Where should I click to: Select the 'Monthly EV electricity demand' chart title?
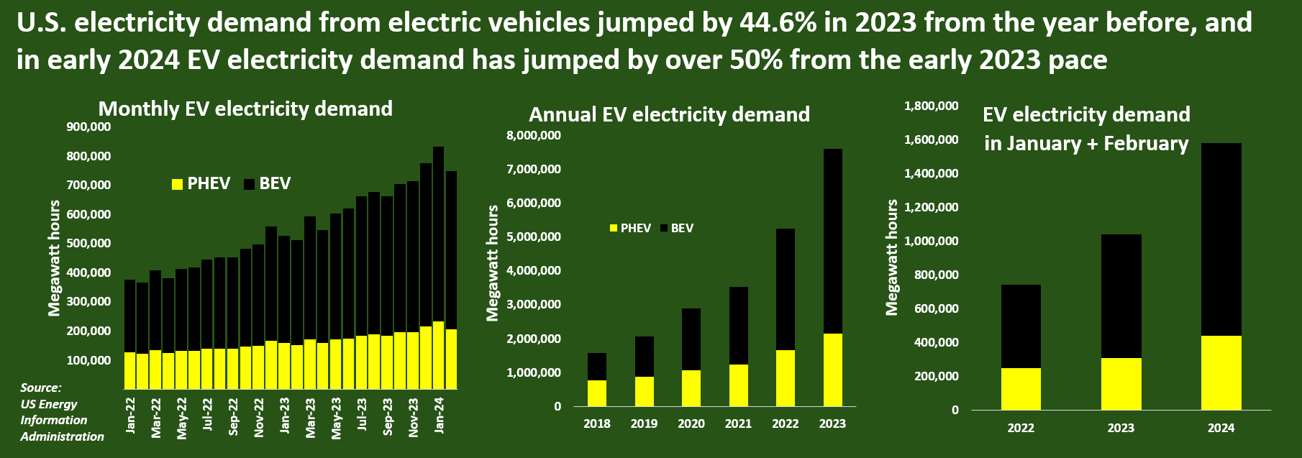tap(245, 109)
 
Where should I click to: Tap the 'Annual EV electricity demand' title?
tap(669, 114)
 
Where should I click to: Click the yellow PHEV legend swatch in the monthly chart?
tap(177, 184)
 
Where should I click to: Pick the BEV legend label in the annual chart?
tap(682, 228)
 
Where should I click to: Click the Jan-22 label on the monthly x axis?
tap(130, 416)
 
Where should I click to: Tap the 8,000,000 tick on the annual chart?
tap(534, 135)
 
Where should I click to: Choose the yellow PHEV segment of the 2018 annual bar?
tap(597, 393)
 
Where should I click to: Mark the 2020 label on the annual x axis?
tap(691, 423)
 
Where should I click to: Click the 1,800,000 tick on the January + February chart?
tap(931, 106)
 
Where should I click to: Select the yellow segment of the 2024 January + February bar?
tap(1221, 372)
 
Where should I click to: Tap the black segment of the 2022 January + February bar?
tap(1020, 326)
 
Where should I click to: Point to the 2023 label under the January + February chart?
tap(1120, 428)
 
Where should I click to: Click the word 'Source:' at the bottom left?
tap(41, 388)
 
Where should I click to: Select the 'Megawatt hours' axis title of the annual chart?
tap(493, 263)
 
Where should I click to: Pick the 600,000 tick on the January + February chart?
tap(937, 308)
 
